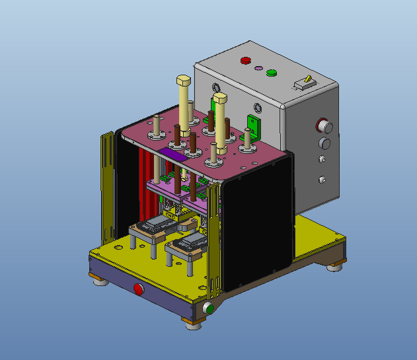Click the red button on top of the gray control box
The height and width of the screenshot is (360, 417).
[x=246, y=60]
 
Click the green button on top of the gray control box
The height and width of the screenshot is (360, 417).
[x=271, y=72]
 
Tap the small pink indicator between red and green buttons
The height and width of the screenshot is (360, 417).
[x=258, y=67]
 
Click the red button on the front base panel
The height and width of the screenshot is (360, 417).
[x=139, y=289]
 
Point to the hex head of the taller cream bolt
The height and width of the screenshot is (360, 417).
[x=183, y=81]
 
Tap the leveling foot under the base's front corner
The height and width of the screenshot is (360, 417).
[x=193, y=324]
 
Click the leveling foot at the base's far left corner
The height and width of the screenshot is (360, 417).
[x=100, y=282]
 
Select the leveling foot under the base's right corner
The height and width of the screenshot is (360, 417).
[x=335, y=266]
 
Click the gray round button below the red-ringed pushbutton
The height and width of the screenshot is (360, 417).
[x=324, y=143]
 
